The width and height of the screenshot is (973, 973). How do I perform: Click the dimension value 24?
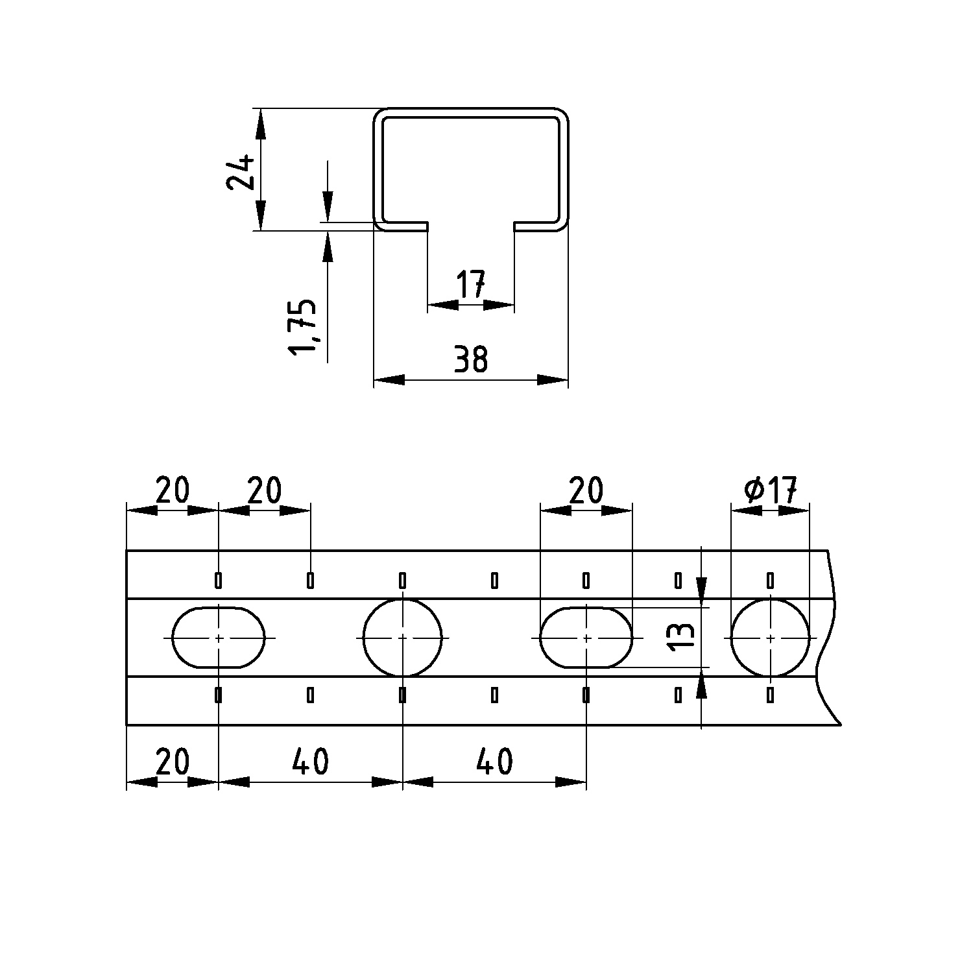click(239, 171)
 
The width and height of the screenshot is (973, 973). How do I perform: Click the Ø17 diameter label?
click(771, 489)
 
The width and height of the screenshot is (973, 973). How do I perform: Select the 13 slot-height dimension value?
click(683, 638)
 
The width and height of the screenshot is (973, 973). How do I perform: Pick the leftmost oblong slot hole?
click(219, 638)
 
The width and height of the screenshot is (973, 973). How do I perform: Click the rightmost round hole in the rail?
click(771, 638)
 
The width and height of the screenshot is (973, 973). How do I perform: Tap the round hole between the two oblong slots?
click(403, 638)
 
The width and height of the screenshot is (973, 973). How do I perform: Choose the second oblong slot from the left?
click(586, 638)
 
